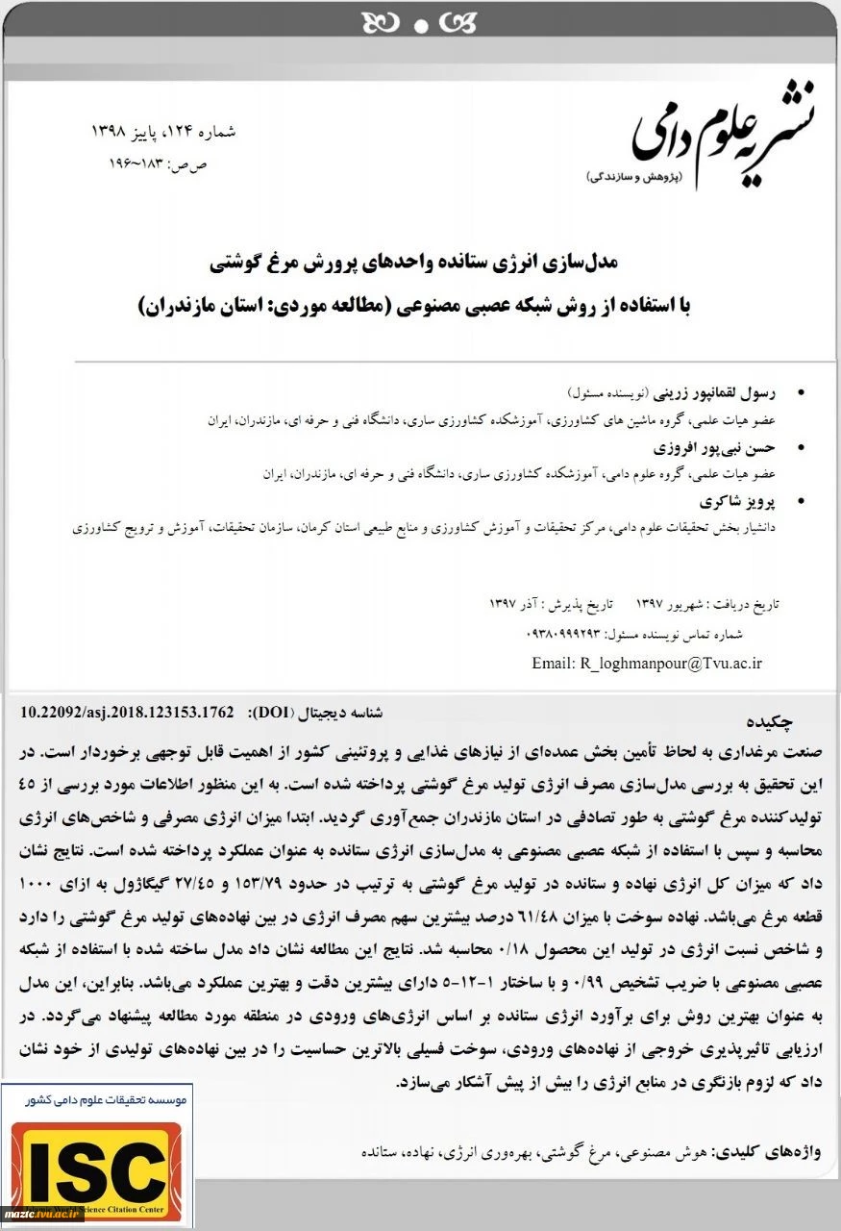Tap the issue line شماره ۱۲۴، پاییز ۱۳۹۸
coord(162,130)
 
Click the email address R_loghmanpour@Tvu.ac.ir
coord(646,664)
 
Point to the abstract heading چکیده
coord(776,722)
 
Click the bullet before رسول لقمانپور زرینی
coord(804,393)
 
